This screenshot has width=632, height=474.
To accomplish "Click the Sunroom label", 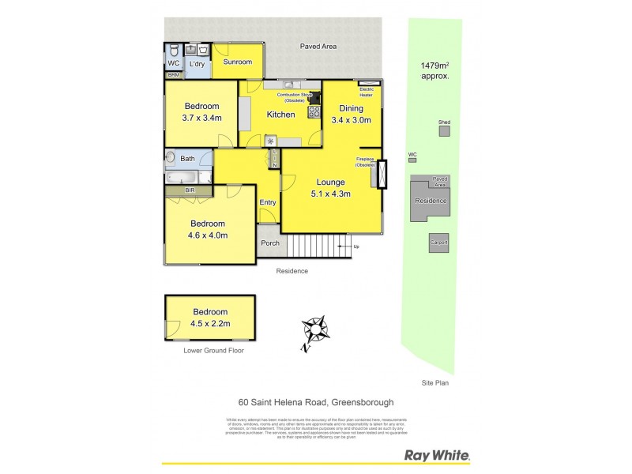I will pyautogui.click(x=237, y=62).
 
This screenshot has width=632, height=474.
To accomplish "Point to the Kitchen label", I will pyautogui.click(x=280, y=115).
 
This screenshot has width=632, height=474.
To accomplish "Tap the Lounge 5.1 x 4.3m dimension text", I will pyautogui.click(x=331, y=193).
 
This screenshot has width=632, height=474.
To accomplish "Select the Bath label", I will pyautogui.click(x=187, y=159).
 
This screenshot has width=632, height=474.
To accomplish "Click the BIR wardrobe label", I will pyautogui.click(x=189, y=190).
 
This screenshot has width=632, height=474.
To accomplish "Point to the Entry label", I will pyautogui.click(x=268, y=203).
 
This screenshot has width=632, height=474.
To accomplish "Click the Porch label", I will pyautogui.click(x=270, y=243).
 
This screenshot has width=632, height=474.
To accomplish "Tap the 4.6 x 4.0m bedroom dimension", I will pyautogui.click(x=209, y=235).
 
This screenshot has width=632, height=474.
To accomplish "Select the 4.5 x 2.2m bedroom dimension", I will pyautogui.click(x=209, y=323).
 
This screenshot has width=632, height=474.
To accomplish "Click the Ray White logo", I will pyautogui.click(x=437, y=455).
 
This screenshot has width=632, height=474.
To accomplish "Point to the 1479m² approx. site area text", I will pyautogui.click(x=434, y=71).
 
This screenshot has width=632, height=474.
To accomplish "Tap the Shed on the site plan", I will pyautogui.click(x=445, y=130).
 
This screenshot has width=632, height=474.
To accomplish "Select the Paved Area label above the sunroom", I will pyautogui.click(x=318, y=47).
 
